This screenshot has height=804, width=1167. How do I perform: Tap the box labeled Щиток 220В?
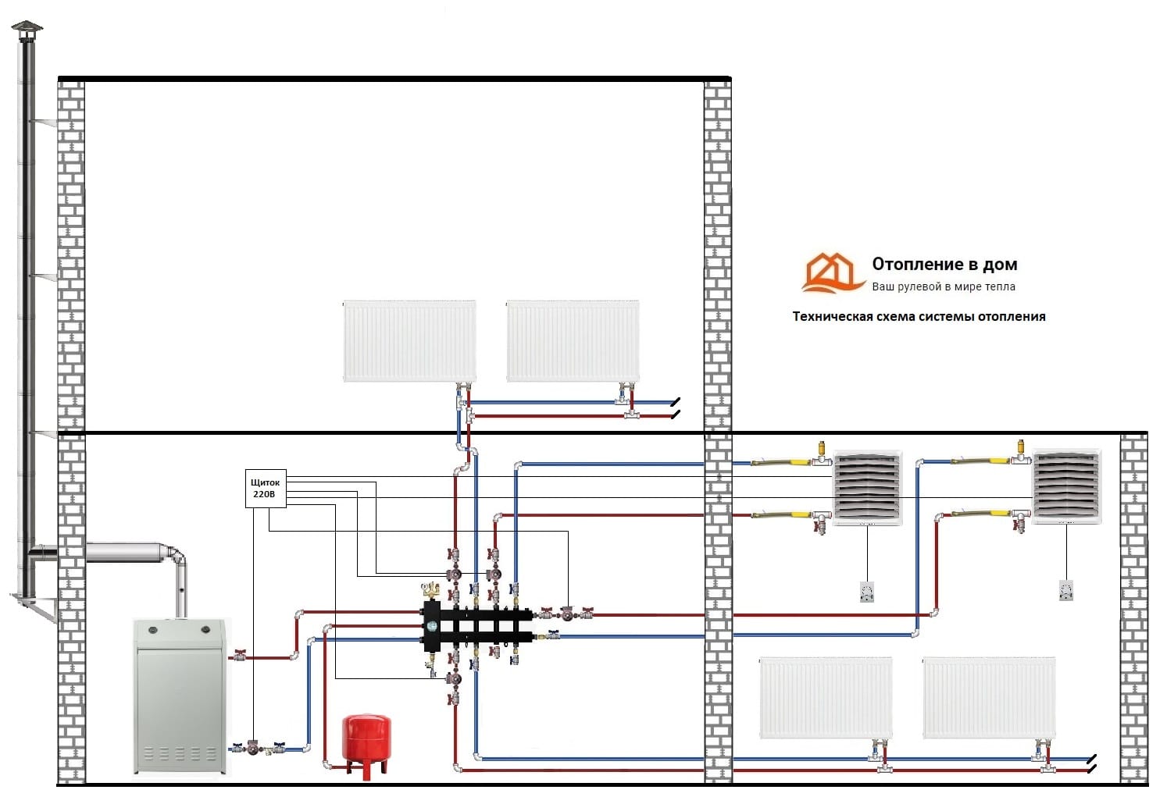tap(266, 489)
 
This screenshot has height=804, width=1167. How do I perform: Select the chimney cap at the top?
tap(28, 31)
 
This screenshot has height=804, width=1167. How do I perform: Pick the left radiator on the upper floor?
tap(409, 341)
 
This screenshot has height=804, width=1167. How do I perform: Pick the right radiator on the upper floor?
tap(573, 341)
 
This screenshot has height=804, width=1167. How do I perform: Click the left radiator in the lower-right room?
tap(826, 698)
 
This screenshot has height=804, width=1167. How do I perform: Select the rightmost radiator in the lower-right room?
tap(989, 698)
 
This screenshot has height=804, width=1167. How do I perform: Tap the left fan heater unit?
tap(867, 487)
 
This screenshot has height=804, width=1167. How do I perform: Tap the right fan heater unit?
tap(1067, 486)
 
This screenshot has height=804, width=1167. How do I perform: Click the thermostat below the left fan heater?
tap(866, 592)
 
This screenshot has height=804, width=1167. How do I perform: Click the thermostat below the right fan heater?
tap(1066, 590)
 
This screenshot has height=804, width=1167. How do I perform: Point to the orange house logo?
tap(830, 272)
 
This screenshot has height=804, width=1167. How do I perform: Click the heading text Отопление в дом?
tap(944, 265)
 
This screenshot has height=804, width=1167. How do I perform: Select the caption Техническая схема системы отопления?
tap(919, 316)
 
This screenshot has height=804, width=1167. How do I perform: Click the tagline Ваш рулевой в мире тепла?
tap(944, 286)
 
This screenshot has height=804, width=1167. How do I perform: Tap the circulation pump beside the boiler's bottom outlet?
tap(255, 747)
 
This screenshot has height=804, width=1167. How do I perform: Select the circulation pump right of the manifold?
tap(566, 614)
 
